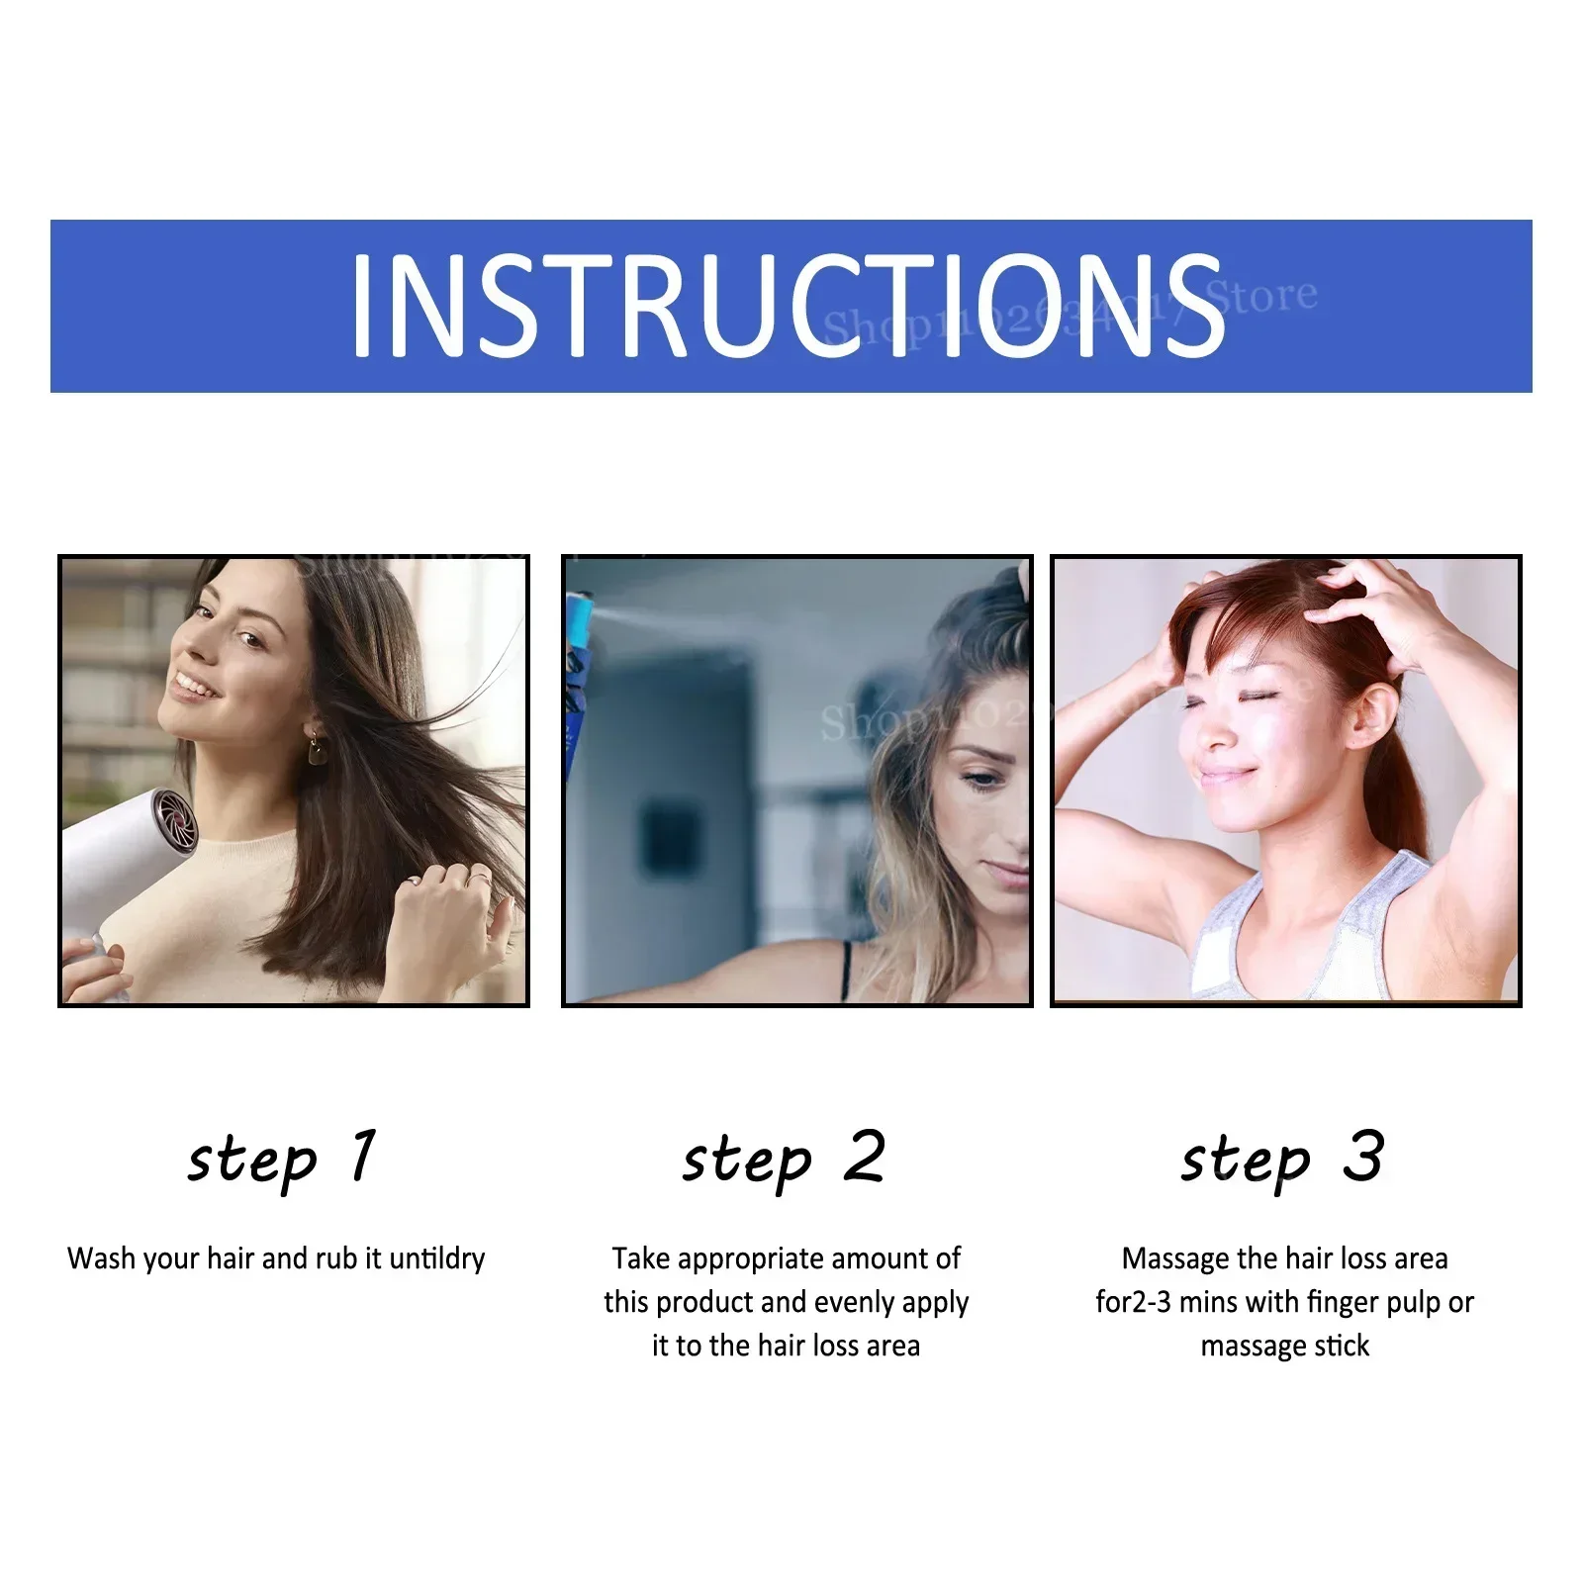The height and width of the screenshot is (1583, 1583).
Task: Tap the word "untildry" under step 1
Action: pyautogui.click(x=436, y=1258)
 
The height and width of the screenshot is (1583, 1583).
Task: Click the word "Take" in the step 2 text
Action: pyautogui.click(x=641, y=1258)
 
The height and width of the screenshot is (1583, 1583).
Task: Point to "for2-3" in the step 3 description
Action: pyautogui.click(x=1133, y=1302)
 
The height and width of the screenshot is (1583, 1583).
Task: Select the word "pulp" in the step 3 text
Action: pyautogui.click(x=1413, y=1303)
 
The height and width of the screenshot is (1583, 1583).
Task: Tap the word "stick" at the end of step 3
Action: pyautogui.click(x=1342, y=1346)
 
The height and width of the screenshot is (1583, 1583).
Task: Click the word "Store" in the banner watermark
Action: pyautogui.click(x=1262, y=295)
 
